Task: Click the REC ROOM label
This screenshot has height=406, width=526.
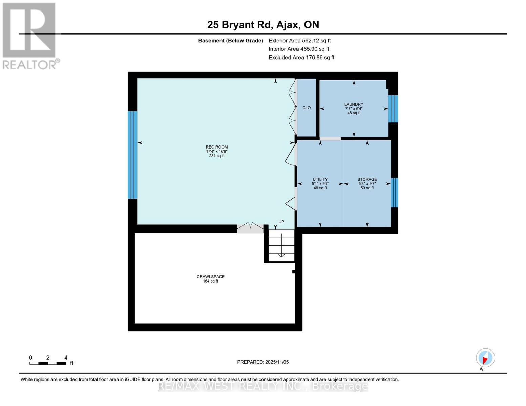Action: (x=217, y=148)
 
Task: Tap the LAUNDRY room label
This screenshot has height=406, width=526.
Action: (x=354, y=105)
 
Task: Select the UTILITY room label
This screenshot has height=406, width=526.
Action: (x=320, y=180)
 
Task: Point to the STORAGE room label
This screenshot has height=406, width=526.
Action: (x=367, y=180)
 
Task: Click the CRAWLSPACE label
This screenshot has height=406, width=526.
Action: (x=210, y=277)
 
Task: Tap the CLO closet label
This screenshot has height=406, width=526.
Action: (x=307, y=108)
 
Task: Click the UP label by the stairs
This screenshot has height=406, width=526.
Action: (x=281, y=222)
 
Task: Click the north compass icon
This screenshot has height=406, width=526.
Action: (x=485, y=358)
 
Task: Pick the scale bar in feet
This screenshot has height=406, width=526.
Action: (x=48, y=363)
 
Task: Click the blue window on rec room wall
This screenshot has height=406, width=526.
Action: (x=132, y=155)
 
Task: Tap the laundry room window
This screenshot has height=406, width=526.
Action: (x=393, y=109)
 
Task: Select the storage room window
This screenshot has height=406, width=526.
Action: (x=394, y=193)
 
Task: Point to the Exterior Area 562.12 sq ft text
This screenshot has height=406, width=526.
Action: (x=299, y=41)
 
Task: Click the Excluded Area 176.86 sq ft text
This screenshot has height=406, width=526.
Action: (x=301, y=58)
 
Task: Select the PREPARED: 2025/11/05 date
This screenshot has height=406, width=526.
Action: (x=263, y=362)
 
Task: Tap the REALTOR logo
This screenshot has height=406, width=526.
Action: (x=30, y=36)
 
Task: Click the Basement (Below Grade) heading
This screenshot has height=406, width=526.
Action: (x=230, y=41)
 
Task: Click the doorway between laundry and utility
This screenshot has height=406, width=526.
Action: (x=330, y=139)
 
